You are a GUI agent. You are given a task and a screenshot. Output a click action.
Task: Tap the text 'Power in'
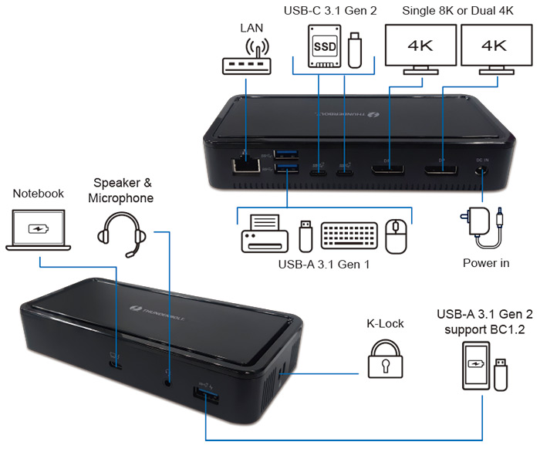click(486, 263)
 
